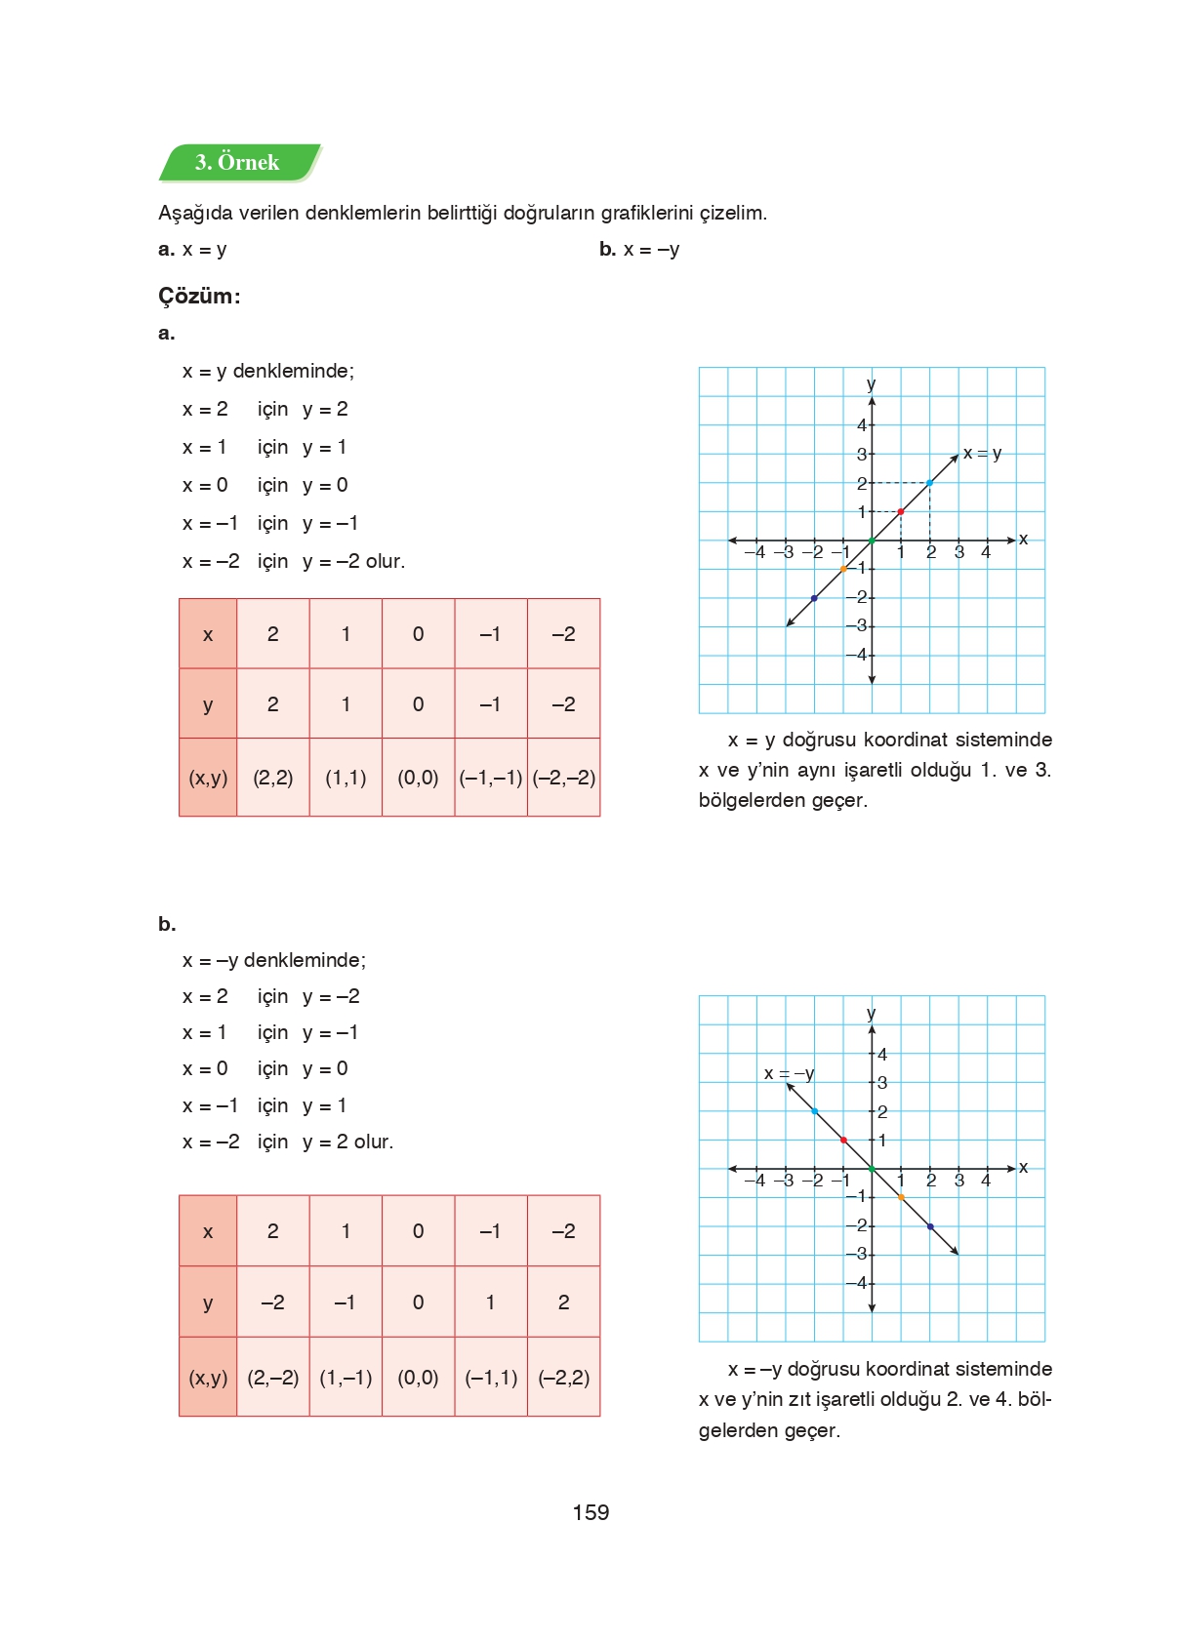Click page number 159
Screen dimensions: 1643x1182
[x=591, y=1512]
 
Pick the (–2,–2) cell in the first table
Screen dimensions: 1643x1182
[x=564, y=778]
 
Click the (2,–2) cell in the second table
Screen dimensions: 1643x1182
[x=272, y=1378]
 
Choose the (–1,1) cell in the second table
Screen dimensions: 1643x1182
[x=491, y=1378]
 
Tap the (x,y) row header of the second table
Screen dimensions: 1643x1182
[x=208, y=1378]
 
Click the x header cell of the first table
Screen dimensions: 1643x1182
[x=208, y=634]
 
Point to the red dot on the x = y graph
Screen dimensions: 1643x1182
[x=901, y=511]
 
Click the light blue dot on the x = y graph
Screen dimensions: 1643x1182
[x=929, y=483]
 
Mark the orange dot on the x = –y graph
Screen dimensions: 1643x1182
[x=901, y=1197]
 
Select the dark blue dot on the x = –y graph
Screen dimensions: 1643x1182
[x=929, y=1226]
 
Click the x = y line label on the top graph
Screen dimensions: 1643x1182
[x=982, y=454]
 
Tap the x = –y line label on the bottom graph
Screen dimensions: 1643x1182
[x=789, y=1073]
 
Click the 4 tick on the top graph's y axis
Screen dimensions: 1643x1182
[x=862, y=424]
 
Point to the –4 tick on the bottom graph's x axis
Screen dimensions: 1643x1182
[x=754, y=1181]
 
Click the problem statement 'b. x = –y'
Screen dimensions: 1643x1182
[x=639, y=250]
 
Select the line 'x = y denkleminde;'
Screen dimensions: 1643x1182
[x=268, y=371]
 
